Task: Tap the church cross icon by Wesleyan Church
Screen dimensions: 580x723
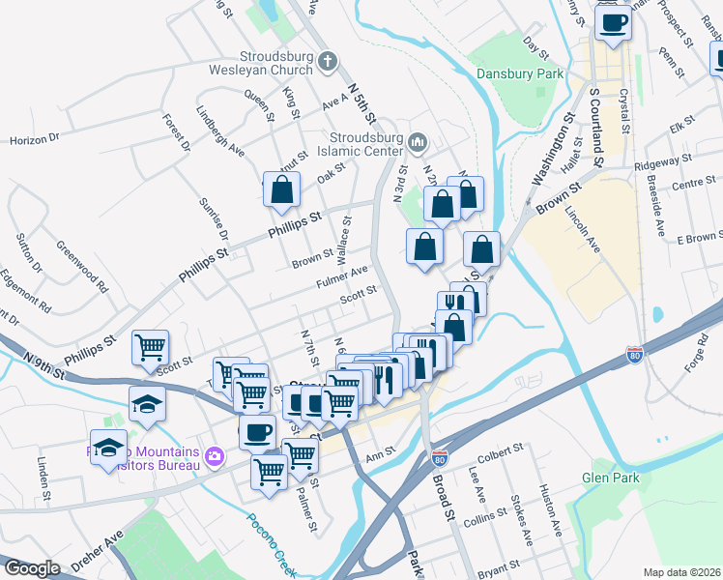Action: [328, 63]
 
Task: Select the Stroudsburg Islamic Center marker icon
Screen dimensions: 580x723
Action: [418, 143]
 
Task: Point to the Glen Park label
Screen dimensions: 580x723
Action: [610, 478]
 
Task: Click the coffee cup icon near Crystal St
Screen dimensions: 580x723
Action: [613, 21]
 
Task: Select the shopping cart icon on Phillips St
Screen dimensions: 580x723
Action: [150, 347]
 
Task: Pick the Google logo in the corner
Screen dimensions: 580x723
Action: [32, 568]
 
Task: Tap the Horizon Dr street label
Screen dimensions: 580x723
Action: [35, 140]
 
